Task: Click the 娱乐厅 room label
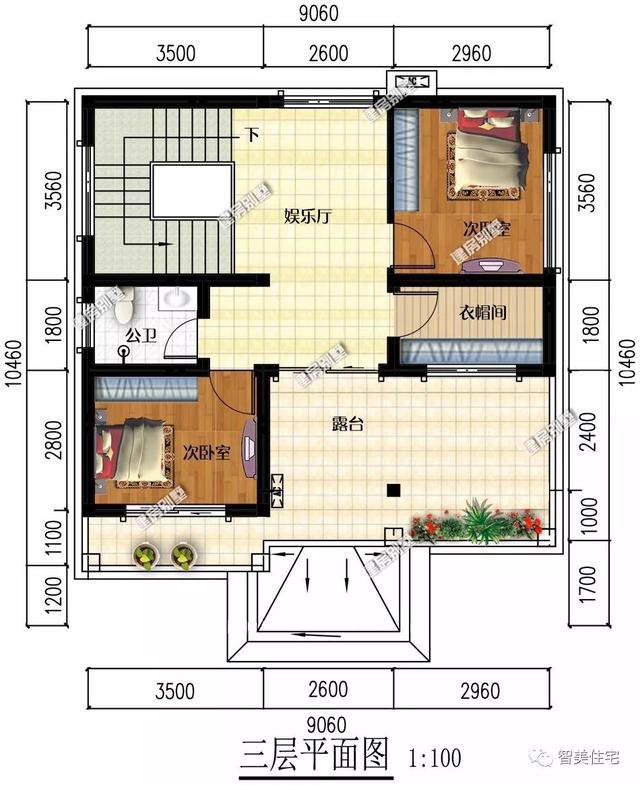coord(307,215)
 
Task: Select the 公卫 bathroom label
coord(140,336)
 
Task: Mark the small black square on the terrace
coord(394,490)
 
